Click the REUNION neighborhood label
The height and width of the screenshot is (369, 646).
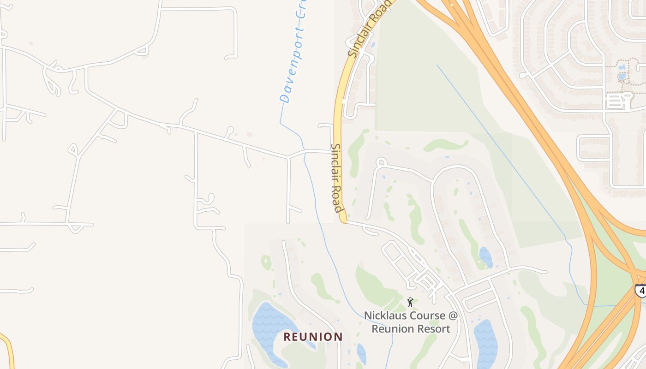click(313, 337)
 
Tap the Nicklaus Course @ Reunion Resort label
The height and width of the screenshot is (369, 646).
click(411, 322)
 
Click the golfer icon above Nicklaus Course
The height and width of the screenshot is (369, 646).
click(410, 302)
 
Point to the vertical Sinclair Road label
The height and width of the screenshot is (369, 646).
click(337, 177)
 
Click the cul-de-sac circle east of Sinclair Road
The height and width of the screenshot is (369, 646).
click(381, 162)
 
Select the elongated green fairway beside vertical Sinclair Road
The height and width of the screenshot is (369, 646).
click(355, 152)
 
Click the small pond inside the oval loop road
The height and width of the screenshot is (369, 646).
click(485, 257)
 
